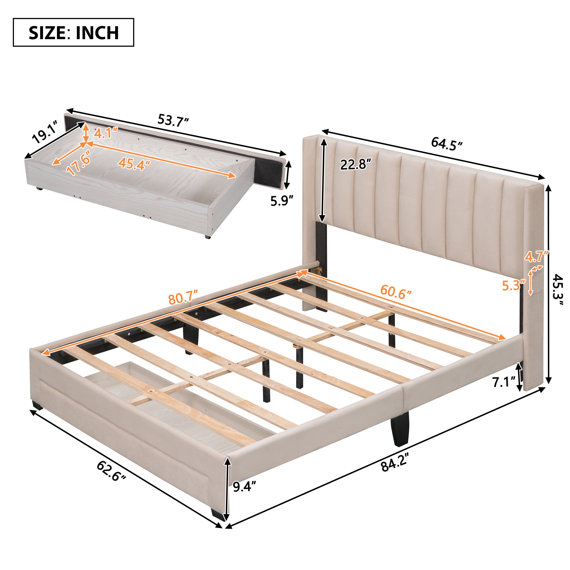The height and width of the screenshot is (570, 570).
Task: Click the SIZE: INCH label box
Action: point(74,32)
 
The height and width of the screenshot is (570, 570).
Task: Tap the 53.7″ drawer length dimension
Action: point(173,120)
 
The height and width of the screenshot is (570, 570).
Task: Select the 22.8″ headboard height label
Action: point(355,164)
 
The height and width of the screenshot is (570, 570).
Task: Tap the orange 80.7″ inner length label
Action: point(182,298)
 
